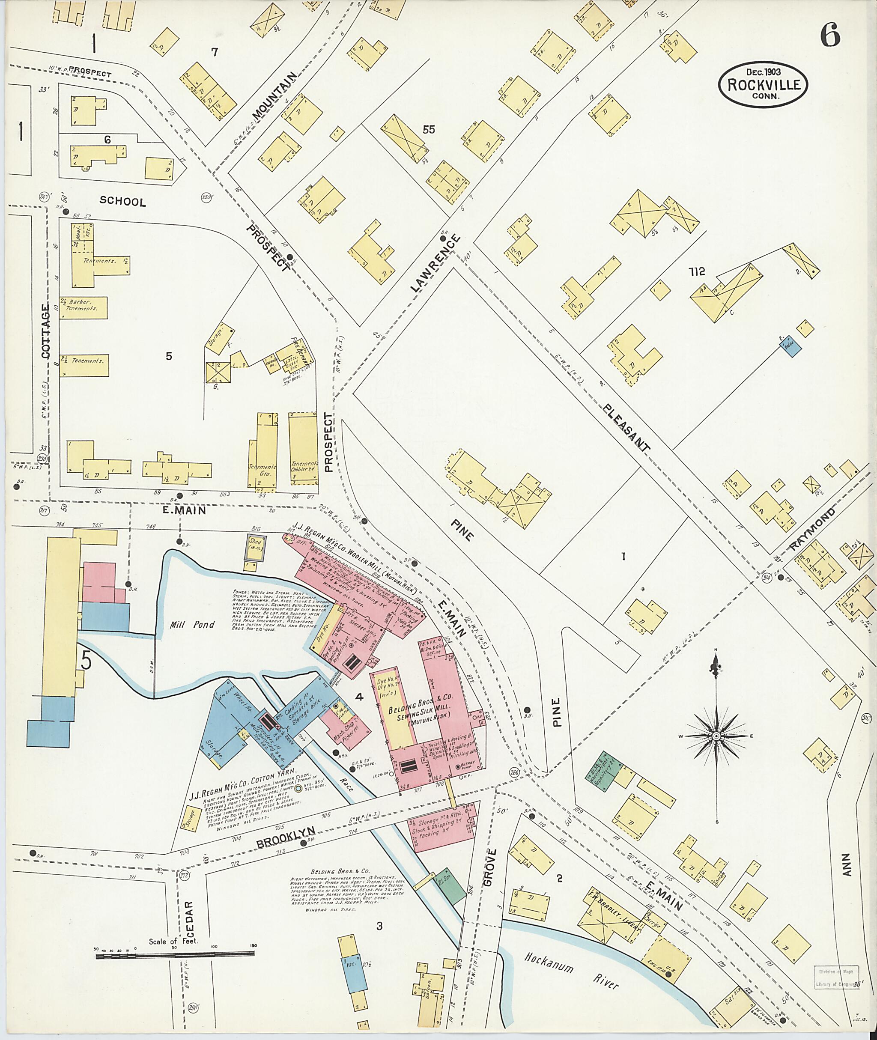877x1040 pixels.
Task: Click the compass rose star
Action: tap(716, 735)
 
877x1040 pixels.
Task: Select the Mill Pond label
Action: tap(192, 624)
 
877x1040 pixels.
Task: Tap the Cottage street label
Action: tap(46, 331)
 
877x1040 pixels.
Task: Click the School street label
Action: tap(123, 201)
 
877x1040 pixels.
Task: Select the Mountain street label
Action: tap(274, 95)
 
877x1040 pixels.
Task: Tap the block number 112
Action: tap(697, 271)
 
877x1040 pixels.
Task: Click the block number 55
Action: tap(429, 129)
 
